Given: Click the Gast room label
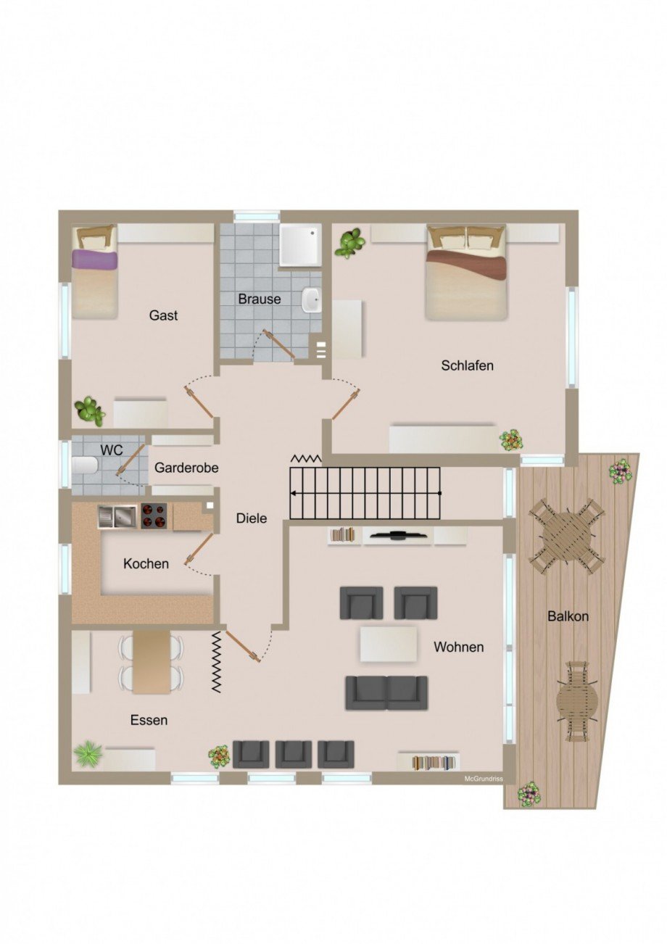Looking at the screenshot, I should (x=163, y=315).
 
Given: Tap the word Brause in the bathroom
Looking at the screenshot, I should (x=260, y=299).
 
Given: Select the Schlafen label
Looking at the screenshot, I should (x=467, y=365).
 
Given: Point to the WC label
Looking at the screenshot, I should (x=112, y=450).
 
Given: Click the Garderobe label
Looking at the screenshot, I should (x=186, y=468).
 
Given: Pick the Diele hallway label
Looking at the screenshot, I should (x=252, y=518).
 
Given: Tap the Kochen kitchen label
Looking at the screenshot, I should (x=146, y=563).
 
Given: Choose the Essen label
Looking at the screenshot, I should (x=149, y=720).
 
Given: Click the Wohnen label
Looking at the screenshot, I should (x=458, y=647).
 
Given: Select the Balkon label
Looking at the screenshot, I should (x=568, y=617).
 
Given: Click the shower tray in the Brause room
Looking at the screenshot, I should (x=300, y=244).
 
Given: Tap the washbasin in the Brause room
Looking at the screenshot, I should (x=312, y=299).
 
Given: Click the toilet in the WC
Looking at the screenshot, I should (x=86, y=465).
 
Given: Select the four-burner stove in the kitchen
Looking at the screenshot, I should (x=154, y=516).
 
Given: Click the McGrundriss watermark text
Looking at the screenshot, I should (x=484, y=779).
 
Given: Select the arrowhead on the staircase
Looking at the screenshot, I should (x=294, y=493).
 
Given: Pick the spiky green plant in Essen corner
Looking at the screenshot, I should (x=88, y=754).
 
